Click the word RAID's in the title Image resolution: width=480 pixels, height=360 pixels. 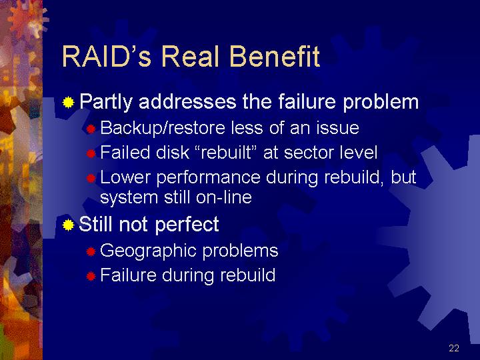tap(106, 56)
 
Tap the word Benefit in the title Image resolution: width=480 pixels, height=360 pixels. tap(275, 56)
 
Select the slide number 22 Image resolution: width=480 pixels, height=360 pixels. tap(454, 348)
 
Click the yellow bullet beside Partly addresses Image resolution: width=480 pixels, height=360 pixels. tap(68, 102)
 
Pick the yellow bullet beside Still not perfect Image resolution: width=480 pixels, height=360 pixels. tap(68, 225)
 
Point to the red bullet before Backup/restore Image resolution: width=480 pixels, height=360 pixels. tap(91, 129)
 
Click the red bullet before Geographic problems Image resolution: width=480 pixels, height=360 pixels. tap(91, 251)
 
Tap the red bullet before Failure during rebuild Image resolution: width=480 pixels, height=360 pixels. tap(91, 277)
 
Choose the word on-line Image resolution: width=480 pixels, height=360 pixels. tap(224, 197)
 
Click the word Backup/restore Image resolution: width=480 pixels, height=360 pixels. tap(163, 128)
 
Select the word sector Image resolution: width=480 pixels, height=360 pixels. tap(309, 153)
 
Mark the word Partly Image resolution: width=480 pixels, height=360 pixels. tap(106, 102)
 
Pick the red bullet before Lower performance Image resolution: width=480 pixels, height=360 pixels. tap(91, 178)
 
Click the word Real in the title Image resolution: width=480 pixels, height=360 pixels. tap(190, 56)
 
